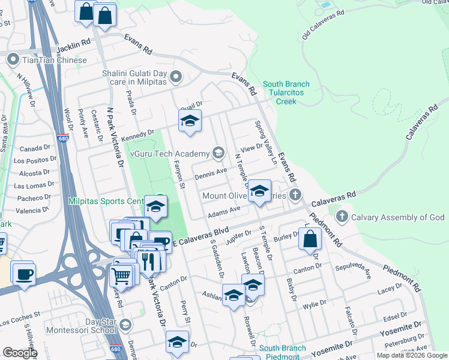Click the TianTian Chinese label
(53, 60)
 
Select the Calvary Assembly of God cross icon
(342, 217)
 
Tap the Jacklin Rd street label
(73, 46)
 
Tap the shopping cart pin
(122, 275)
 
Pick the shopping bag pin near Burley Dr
(309, 239)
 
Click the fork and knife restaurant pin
(147, 260)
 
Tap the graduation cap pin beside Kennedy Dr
(189, 121)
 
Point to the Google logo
(20, 353)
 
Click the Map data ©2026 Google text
(411, 355)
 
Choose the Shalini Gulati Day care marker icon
(176, 76)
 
